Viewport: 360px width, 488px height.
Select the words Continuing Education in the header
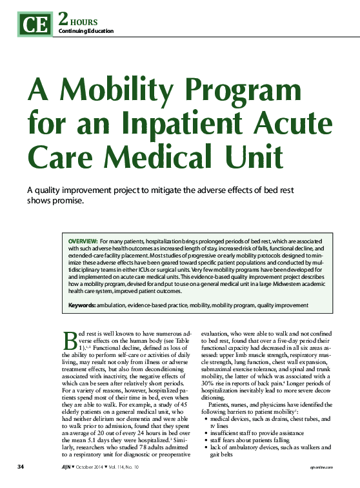pyautogui.click(x=86, y=31)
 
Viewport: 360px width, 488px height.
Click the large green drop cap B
pyautogui.click(x=70, y=340)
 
